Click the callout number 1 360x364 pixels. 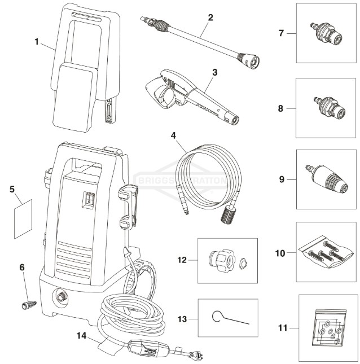(x=37, y=42)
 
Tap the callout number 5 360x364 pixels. (x=12, y=190)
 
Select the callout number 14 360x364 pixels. (x=82, y=335)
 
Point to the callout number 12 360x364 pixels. (x=182, y=261)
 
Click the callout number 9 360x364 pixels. (x=280, y=181)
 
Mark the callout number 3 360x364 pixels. (x=214, y=72)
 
